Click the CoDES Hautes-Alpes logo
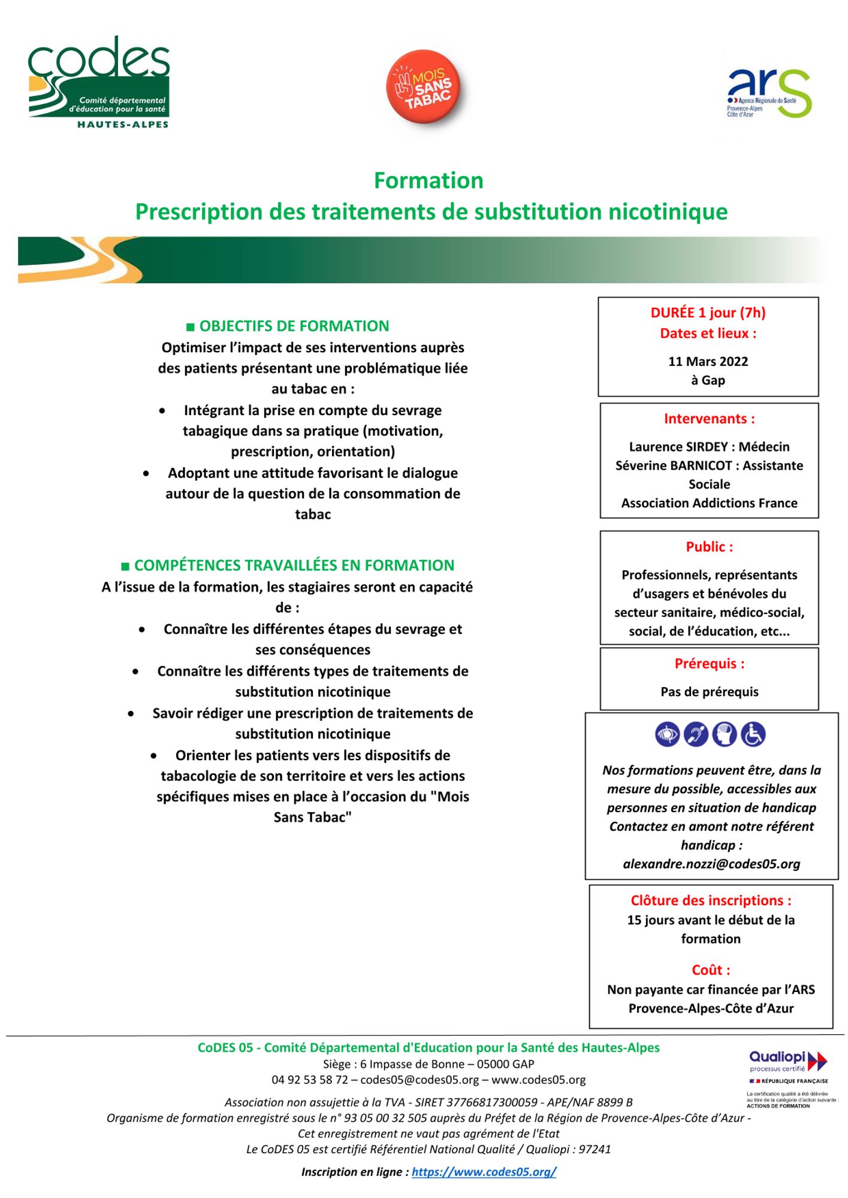[99, 82]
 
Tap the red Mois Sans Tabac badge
[427, 86]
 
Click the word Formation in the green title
[428, 180]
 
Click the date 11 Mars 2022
[708, 361]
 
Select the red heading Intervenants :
[709, 419]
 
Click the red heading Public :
[709, 546]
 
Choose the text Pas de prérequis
[709, 692]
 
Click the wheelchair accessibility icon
[753, 734]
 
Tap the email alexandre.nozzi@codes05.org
[711, 864]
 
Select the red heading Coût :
[711, 970]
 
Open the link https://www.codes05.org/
[484, 1172]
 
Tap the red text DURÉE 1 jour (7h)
[708, 312]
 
